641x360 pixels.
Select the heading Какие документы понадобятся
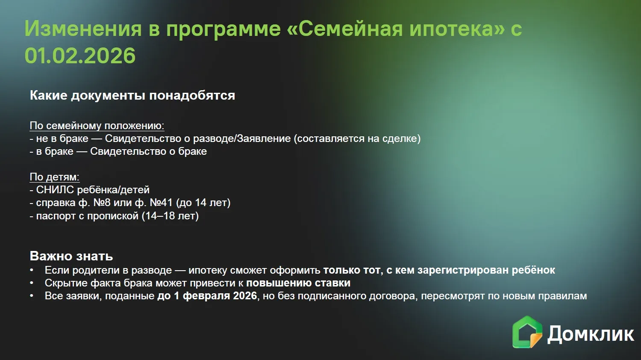pyautogui.click(x=132, y=95)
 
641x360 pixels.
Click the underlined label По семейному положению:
pyautogui.click(x=97, y=126)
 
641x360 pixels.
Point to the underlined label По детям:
pyautogui.click(x=55, y=177)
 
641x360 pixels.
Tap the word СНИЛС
pyautogui.click(x=55, y=190)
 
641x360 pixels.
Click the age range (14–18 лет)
pyautogui.click(x=170, y=215)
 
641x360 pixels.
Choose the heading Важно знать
pyautogui.click(x=71, y=256)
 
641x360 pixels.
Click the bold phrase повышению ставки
pyautogui.click(x=298, y=283)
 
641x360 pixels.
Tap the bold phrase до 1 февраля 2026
pyautogui.click(x=207, y=296)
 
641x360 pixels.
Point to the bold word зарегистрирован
pyautogui.click(x=463, y=270)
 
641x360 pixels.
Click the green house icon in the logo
pyautogui.click(x=527, y=332)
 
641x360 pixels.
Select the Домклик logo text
pyautogui.click(x=591, y=334)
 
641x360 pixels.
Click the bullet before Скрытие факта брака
pyautogui.click(x=32, y=283)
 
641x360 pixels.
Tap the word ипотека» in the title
pyautogui.click(x=457, y=30)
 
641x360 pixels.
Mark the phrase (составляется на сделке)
pyautogui.click(x=357, y=139)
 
